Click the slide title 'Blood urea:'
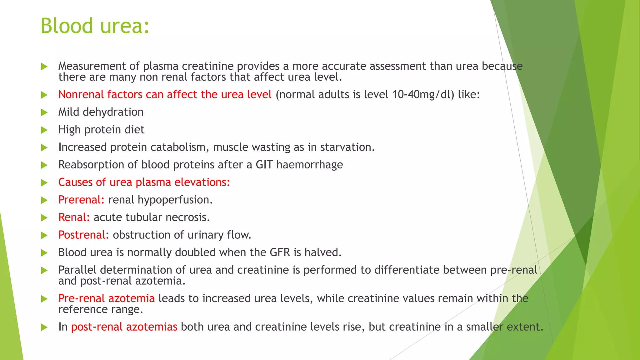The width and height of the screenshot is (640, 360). click(x=95, y=26)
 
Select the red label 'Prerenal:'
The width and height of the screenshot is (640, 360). click(x=81, y=200)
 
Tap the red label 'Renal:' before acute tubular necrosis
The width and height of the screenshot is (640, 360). click(x=74, y=217)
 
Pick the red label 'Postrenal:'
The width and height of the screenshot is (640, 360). click(x=84, y=235)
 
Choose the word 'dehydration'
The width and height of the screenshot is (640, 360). click(x=113, y=112)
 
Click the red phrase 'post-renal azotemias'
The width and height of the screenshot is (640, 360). click(x=124, y=327)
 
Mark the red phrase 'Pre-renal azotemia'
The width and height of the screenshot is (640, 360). click(x=106, y=298)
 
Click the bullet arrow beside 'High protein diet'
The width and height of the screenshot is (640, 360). click(x=44, y=130)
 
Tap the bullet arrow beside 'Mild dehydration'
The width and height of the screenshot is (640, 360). click(x=44, y=112)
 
